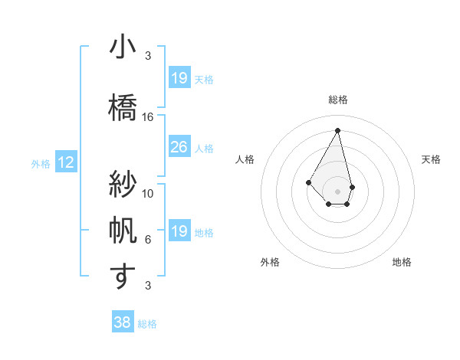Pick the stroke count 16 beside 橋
[148, 117]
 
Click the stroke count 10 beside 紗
[148, 193]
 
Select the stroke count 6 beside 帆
[148, 240]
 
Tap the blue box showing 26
[179, 147]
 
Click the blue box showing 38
[123, 323]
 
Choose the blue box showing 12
[66, 162]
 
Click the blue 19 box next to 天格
[179, 77]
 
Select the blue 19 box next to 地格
[179, 231]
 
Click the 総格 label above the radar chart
[338, 100]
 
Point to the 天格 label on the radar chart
[431, 159]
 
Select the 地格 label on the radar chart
[402, 262]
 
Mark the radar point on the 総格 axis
[338, 129]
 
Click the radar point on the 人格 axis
[309, 182]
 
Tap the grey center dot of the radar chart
[338, 191]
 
